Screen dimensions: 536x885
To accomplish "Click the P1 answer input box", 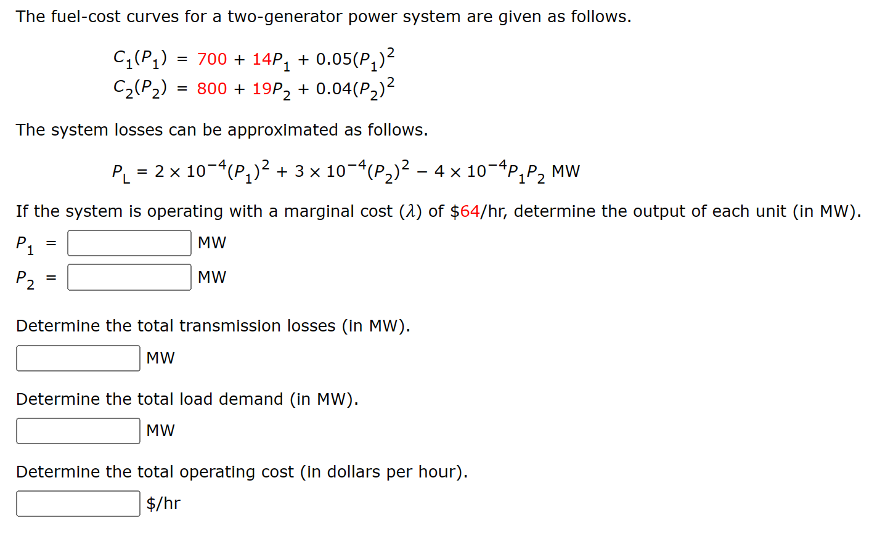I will pos(129,243).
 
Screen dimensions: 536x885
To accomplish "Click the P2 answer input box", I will pos(129,277).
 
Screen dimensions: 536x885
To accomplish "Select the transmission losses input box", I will pos(78,358).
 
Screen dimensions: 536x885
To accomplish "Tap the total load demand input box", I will pos(78,431).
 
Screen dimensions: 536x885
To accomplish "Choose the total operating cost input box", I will pos(78,503).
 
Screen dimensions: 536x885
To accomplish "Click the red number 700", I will pos(212,59).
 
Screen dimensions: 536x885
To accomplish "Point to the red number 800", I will pos(212,89).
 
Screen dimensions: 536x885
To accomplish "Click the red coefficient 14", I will pos(261,59).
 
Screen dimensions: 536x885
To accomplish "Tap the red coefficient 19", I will pos(261,89).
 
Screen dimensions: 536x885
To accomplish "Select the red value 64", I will pos(470,211).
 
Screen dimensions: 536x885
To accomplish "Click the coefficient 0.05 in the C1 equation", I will pos(333,59).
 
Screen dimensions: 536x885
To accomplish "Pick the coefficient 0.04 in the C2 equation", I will pos(333,89).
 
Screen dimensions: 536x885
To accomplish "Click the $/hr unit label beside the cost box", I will pos(163,503).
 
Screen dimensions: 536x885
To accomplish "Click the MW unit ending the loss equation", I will pos(566,171).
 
